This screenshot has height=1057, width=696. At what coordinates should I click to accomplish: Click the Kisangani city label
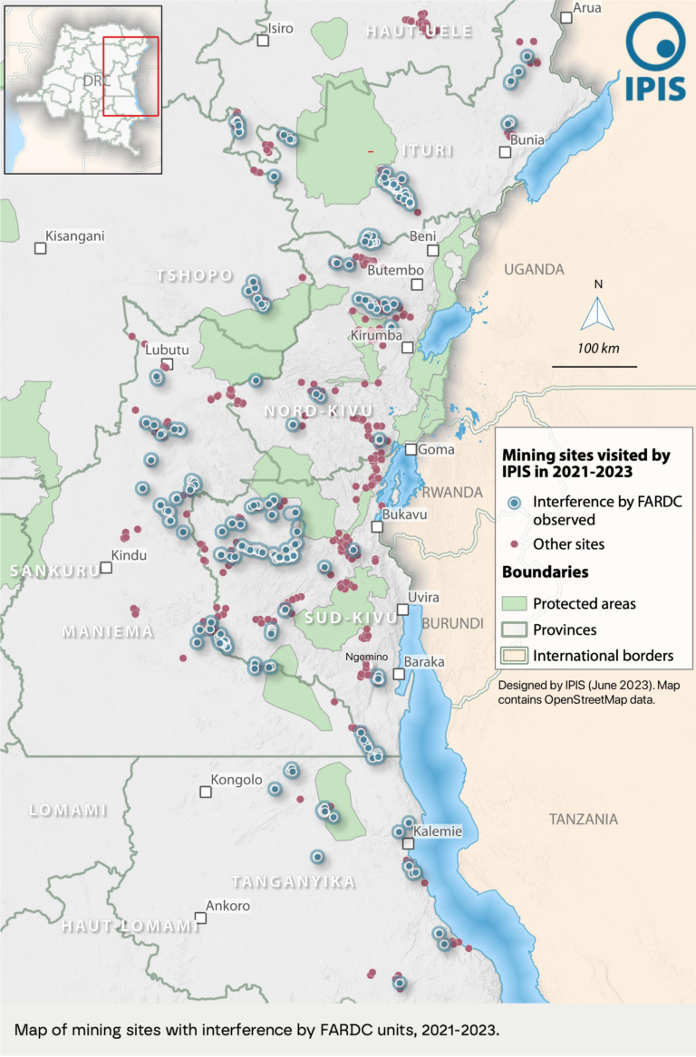(x=75, y=236)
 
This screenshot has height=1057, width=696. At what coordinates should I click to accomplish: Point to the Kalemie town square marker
(x=409, y=843)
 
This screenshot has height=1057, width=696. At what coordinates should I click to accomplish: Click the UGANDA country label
(x=534, y=269)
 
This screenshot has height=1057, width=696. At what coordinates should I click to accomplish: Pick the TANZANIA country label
(x=583, y=819)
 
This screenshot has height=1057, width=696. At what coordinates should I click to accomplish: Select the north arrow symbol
(x=597, y=313)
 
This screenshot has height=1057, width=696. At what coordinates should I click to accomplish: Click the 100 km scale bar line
(x=594, y=366)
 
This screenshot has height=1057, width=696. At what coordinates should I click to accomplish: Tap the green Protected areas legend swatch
(x=514, y=604)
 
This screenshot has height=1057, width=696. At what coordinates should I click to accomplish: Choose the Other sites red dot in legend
(x=514, y=544)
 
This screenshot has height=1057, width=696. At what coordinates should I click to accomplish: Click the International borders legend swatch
(x=514, y=656)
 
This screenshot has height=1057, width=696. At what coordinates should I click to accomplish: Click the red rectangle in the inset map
(x=130, y=76)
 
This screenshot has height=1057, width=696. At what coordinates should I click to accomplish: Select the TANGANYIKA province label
(x=293, y=882)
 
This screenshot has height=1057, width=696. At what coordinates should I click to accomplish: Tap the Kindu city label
(x=128, y=555)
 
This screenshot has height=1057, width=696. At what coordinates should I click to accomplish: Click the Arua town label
(x=586, y=8)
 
